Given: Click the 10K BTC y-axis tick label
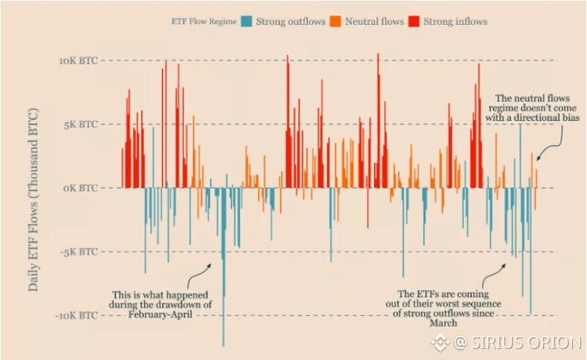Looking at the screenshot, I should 78,61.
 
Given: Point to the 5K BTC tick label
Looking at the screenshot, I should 80,124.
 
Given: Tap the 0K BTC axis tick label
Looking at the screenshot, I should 80,188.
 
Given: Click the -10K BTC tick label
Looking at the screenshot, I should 76,315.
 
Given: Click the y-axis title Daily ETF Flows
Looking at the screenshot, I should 33,199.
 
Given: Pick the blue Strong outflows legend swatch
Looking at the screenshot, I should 247,21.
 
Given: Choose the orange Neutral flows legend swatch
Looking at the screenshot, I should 335,21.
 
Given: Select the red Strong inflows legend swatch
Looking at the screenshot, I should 415,21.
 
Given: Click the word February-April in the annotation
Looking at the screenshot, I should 159,314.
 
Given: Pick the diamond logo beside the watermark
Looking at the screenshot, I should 440,342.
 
